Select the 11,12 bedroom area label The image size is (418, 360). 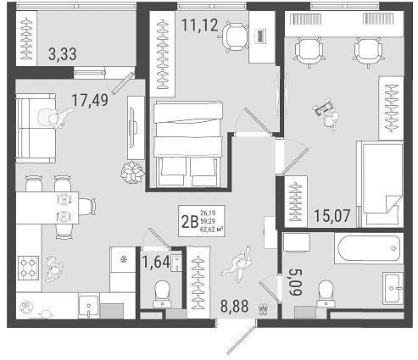tap(200, 24)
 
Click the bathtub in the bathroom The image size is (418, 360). tap(366, 249)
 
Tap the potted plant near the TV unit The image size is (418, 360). tap(130, 173)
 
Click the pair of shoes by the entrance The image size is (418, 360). tap(264, 309)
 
